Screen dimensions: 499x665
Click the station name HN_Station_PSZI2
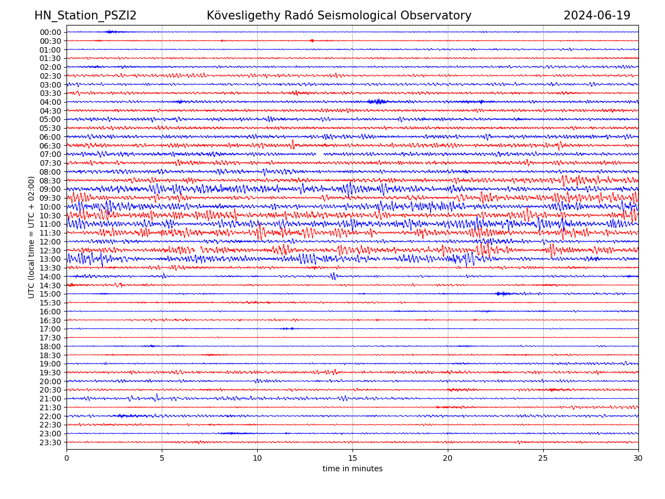(85, 16)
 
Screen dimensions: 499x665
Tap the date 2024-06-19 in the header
(597, 16)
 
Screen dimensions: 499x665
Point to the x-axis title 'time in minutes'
(352, 469)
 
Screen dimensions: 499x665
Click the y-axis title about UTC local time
(32, 237)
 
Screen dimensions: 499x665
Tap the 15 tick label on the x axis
(352, 459)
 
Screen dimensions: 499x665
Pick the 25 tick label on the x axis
(543, 459)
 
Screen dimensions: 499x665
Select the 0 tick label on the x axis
(66, 459)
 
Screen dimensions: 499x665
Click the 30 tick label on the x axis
(638, 459)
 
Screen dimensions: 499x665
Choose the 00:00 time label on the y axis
(50, 32)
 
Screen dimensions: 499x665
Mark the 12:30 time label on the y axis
(50, 251)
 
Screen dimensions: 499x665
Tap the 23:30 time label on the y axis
(50, 442)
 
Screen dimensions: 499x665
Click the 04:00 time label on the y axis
(50, 102)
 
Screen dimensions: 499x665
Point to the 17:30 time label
(50, 338)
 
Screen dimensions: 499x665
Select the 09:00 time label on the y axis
(50, 189)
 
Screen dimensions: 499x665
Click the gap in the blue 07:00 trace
(320, 154)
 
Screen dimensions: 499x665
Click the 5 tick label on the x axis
(162, 459)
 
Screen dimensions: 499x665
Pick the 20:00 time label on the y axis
(50, 381)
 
